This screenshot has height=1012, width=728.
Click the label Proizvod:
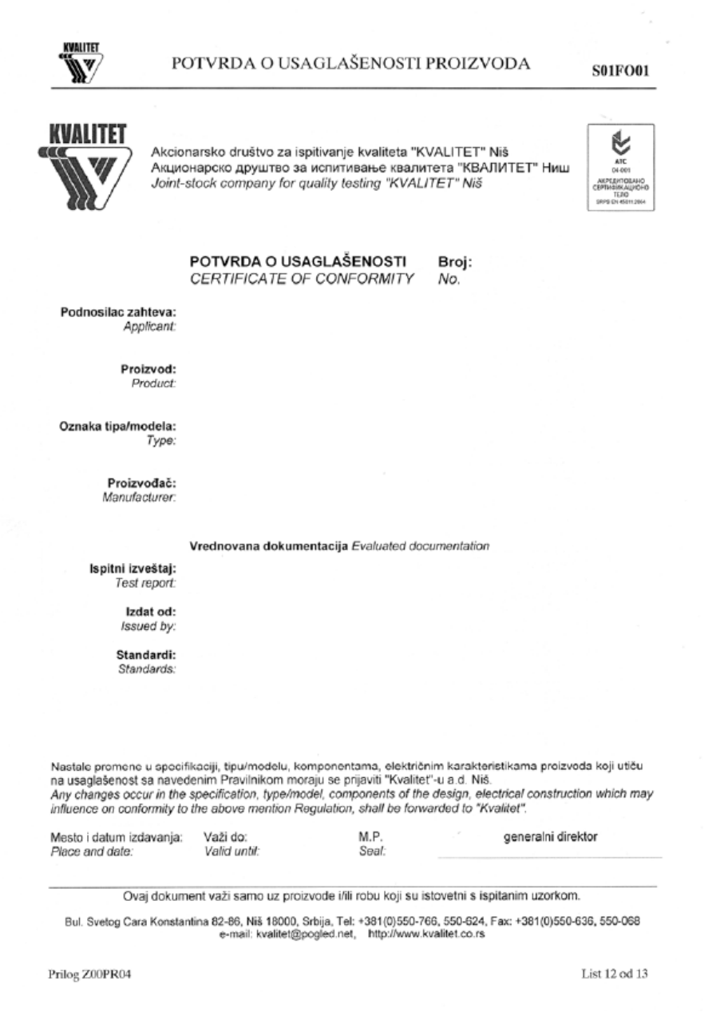click(153, 370)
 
